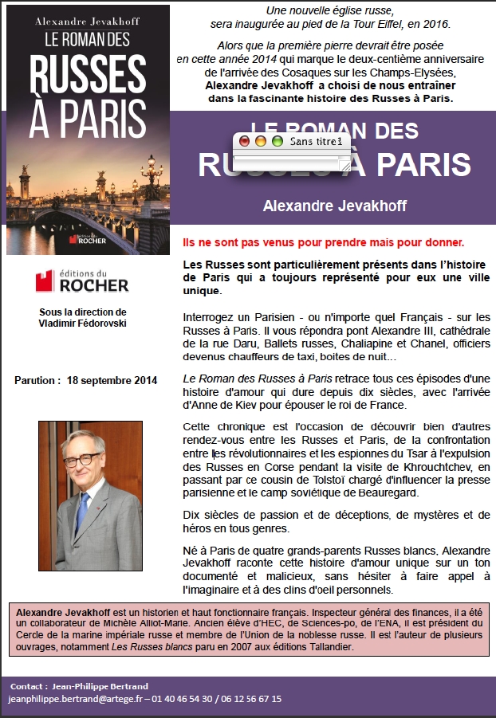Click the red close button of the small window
[x=245, y=141]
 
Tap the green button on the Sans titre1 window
[x=277, y=141]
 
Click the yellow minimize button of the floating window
[x=261, y=141]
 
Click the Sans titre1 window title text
[x=317, y=141]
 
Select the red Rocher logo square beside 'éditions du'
[x=45, y=281]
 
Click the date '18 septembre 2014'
[x=112, y=380]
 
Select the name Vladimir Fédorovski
[x=83, y=323]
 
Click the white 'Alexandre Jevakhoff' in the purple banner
[x=335, y=206]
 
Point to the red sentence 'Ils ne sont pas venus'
[x=323, y=241]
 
